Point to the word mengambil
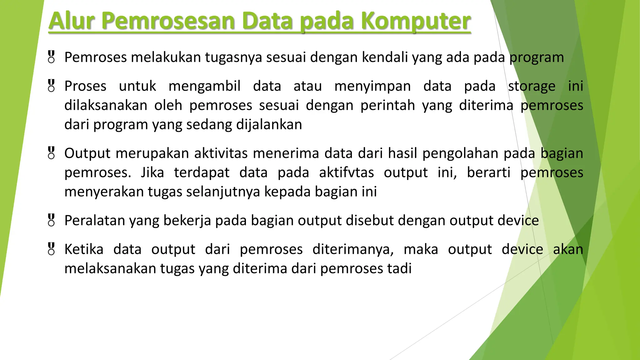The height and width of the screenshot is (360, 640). (x=204, y=86)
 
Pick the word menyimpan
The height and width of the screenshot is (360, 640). (x=372, y=86)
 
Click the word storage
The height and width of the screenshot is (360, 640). (x=532, y=86)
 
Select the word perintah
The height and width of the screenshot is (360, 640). (x=387, y=106)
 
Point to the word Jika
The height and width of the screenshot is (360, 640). (x=152, y=173)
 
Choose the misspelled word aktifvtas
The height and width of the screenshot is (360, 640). (x=346, y=173)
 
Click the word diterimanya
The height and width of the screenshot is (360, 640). (x=353, y=249)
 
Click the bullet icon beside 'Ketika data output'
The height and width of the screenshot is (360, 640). (x=52, y=249)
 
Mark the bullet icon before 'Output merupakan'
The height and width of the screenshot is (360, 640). (x=52, y=153)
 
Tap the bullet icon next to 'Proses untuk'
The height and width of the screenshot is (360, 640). (x=52, y=86)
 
